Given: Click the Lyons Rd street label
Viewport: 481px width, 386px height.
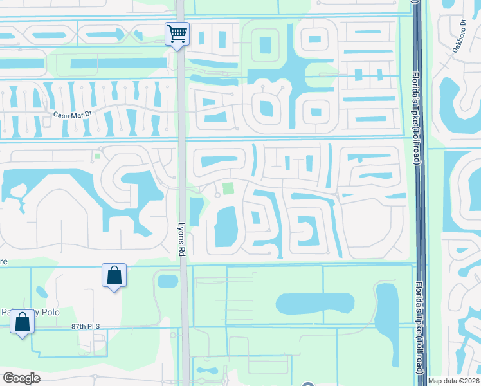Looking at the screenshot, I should pos(181,239).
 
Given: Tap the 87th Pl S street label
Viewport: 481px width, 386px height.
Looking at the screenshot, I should pos(87,327).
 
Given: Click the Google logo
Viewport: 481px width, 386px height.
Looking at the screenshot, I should pos(21,378).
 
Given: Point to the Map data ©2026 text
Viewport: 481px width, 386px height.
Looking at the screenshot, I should pos(453,381).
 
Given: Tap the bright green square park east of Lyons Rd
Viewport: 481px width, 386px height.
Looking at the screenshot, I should pos(228,188).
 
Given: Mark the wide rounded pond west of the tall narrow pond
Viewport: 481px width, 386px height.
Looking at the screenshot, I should pos(315,304).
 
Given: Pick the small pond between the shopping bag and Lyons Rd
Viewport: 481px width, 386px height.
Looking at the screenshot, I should pos(167,281).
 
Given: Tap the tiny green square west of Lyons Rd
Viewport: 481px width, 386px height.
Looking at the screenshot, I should pos(97,155).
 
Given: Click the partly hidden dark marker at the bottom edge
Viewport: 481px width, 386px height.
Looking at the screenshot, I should pos(307,384).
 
